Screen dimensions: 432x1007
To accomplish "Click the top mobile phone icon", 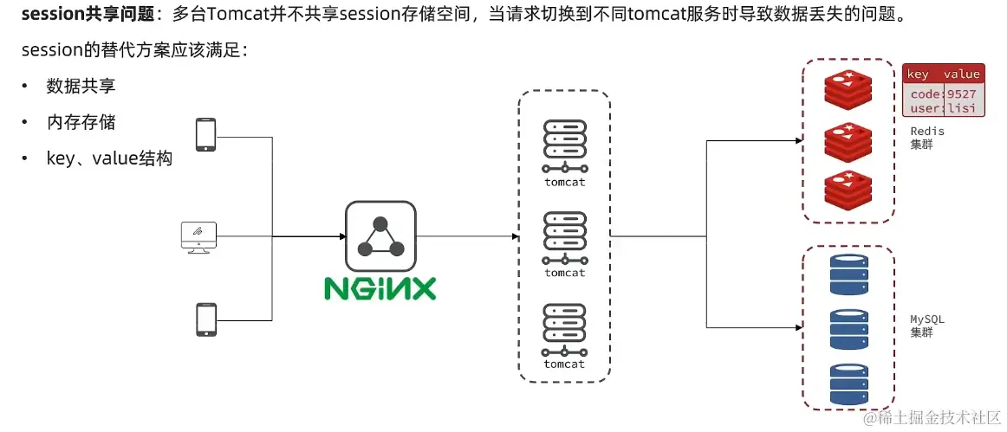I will pyautogui.click(x=205, y=135).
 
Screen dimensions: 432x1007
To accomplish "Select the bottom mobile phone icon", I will pyautogui.click(x=205, y=319).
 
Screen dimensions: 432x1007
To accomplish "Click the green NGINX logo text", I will pyautogui.click(x=380, y=287).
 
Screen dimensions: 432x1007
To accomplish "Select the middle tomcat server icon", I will pyautogui.click(x=564, y=237).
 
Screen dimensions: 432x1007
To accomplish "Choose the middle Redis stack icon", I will pyautogui.click(x=848, y=141).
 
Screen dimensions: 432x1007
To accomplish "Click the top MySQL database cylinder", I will pyautogui.click(x=848, y=274).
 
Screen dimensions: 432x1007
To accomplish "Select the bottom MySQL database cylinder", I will pyautogui.click(x=848, y=382).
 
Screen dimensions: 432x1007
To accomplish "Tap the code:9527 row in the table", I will pyautogui.click(x=942, y=93).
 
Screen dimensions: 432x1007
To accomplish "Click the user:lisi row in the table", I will pyautogui.click(x=942, y=107).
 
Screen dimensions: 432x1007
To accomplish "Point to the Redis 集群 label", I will pyautogui.click(x=926, y=138).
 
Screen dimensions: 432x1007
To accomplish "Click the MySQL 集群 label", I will pyautogui.click(x=926, y=326).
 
